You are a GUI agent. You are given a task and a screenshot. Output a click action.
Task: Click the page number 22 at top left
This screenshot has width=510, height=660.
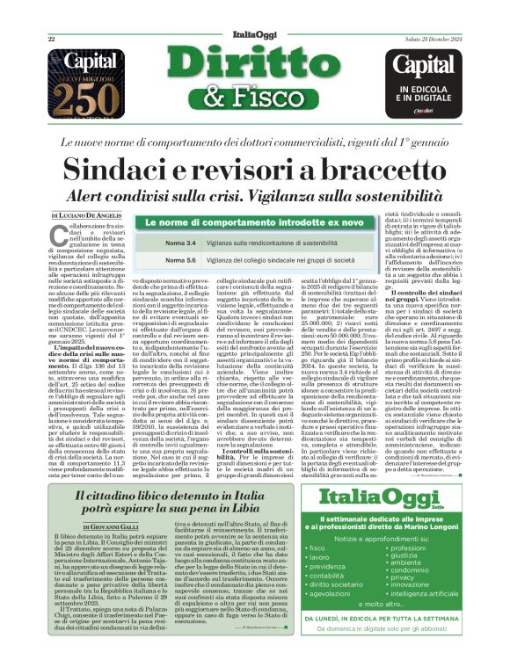click(x=52, y=39)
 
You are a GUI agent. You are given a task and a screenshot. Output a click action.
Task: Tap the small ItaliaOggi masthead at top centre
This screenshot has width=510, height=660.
click(x=254, y=37)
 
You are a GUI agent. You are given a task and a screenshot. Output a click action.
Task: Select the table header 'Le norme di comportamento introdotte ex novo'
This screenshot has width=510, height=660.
click(x=254, y=223)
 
